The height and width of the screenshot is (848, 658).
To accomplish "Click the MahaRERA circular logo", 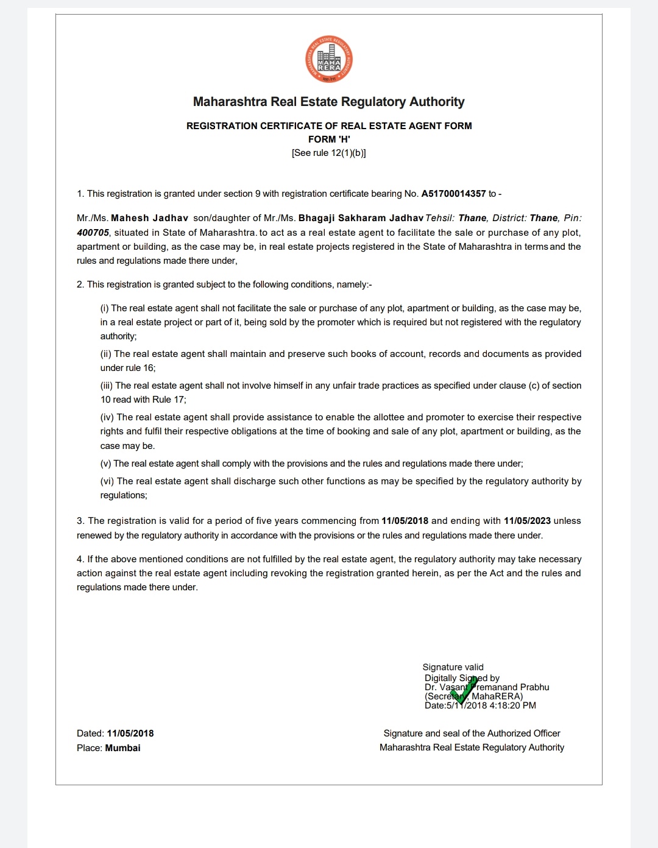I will pos(329,60).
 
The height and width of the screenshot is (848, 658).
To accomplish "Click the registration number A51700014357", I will pos(453,194).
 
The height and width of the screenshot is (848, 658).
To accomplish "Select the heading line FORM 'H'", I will pos(329,139).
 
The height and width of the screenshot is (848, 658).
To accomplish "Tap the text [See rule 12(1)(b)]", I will pos(329,153).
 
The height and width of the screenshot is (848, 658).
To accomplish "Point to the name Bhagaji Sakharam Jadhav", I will pos(361,218).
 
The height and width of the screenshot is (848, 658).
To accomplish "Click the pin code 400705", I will pos(93,233).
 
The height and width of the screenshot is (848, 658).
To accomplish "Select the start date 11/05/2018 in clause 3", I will pos(405,521).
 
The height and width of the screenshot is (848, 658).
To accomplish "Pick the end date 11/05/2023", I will pos(527,521).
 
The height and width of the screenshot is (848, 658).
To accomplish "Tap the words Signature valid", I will pos(453,667).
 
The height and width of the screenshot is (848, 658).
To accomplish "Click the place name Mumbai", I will pos(122,748).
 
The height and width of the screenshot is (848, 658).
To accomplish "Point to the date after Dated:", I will pos(130,733).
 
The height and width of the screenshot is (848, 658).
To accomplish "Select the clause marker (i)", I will pos(105,308).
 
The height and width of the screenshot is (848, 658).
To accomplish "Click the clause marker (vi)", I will pos(107,481).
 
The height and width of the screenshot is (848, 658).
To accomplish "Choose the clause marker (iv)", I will pos(107,417).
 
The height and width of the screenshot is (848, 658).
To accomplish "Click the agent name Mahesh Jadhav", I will pos(149,218).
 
